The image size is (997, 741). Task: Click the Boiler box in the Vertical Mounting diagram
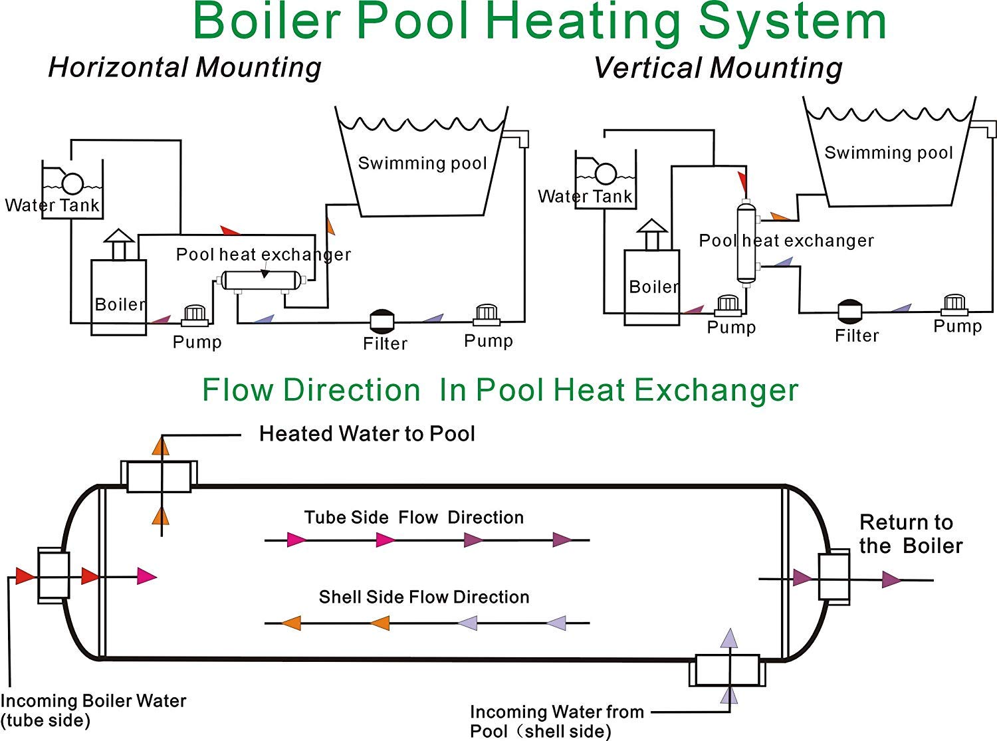[x=651, y=287]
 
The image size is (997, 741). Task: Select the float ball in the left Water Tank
[x=72, y=183]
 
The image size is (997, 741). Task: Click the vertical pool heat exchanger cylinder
[x=746, y=243]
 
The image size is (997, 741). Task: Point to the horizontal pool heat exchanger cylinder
[x=262, y=280]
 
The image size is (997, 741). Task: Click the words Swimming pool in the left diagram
[x=422, y=163]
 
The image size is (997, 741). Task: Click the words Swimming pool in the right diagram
[x=888, y=153]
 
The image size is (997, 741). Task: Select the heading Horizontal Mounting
[x=185, y=68]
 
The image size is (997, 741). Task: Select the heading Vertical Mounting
[x=717, y=68]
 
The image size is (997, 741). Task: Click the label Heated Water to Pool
[x=367, y=434]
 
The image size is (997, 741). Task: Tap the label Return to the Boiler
[x=910, y=534]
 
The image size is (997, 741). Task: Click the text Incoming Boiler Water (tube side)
[x=93, y=710]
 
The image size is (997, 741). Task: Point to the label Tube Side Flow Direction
[x=413, y=518]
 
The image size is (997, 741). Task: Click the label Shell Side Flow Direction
[x=423, y=597]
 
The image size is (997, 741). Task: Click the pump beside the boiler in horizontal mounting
[x=195, y=315]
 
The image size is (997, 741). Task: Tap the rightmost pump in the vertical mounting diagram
[x=954, y=305]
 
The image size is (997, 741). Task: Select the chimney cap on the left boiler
[x=120, y=236]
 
